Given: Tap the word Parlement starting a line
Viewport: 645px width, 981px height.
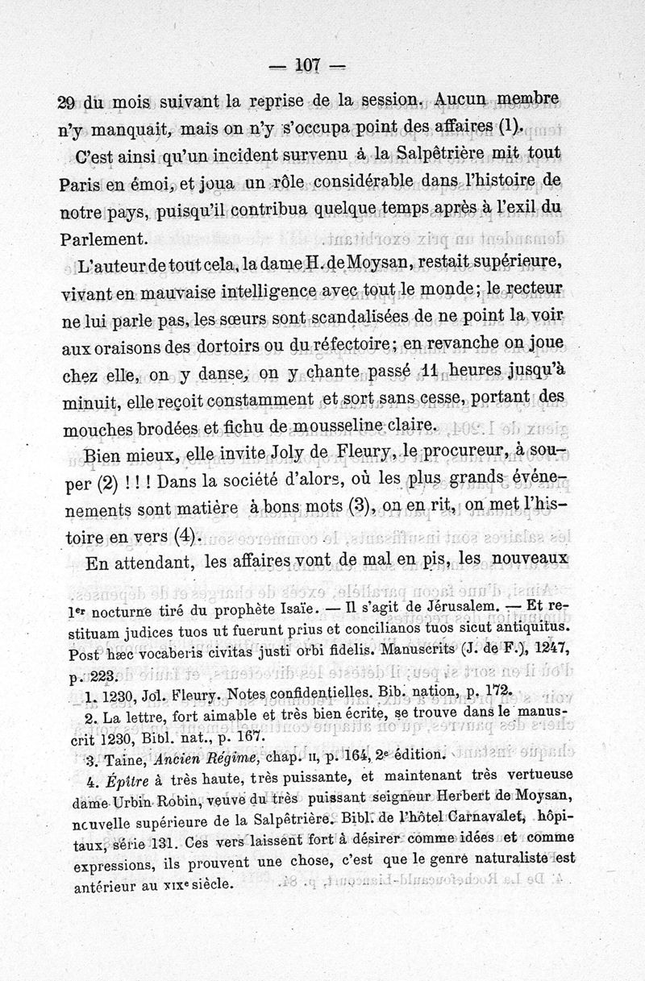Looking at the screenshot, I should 104,239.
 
